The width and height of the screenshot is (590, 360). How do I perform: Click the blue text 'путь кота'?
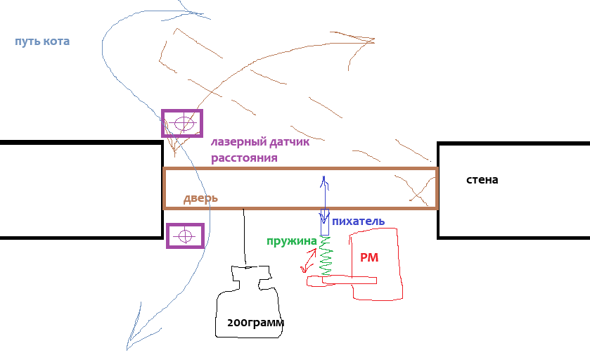[x=42, y=41]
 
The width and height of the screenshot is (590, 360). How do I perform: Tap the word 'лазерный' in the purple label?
[x=236, y=143]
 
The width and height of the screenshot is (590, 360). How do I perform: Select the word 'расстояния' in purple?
[x=244, y=157]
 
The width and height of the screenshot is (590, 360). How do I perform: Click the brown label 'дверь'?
[x=200, y=198]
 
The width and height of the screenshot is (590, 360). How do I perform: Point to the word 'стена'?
[x=482, y=179]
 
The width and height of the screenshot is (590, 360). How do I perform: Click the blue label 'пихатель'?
[x=358, y=221]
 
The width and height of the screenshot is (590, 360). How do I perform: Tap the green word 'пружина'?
[x=291, y=241]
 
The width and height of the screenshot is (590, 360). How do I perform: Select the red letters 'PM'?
[x=369, y=258]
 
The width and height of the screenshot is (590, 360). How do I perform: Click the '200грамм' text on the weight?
[x=255, y=323]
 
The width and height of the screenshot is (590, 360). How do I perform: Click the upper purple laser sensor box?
[x=183, y=123]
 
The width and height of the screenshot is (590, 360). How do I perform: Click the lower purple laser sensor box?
[x=185, y=236]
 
